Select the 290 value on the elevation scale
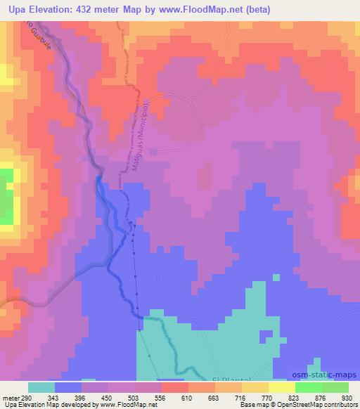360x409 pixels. (x=26, y=398)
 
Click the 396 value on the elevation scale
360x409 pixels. (x=82, y=398)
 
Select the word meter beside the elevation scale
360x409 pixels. (x=10, y=398)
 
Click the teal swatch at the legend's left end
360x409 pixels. (x=41, y=387)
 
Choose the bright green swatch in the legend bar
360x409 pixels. (x=309, y=387)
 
